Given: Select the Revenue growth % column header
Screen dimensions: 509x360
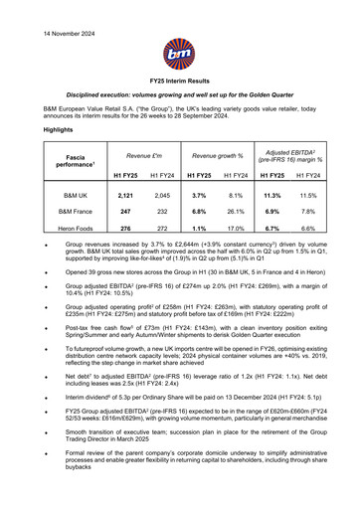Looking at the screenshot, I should (216, 156).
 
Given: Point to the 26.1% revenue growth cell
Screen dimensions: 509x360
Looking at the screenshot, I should (240, 213).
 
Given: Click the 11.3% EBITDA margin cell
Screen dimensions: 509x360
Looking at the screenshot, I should (281, 196).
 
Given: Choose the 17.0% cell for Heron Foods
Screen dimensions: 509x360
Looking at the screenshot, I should (240, 230).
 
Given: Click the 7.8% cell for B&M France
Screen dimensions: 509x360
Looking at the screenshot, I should (323, 213).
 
